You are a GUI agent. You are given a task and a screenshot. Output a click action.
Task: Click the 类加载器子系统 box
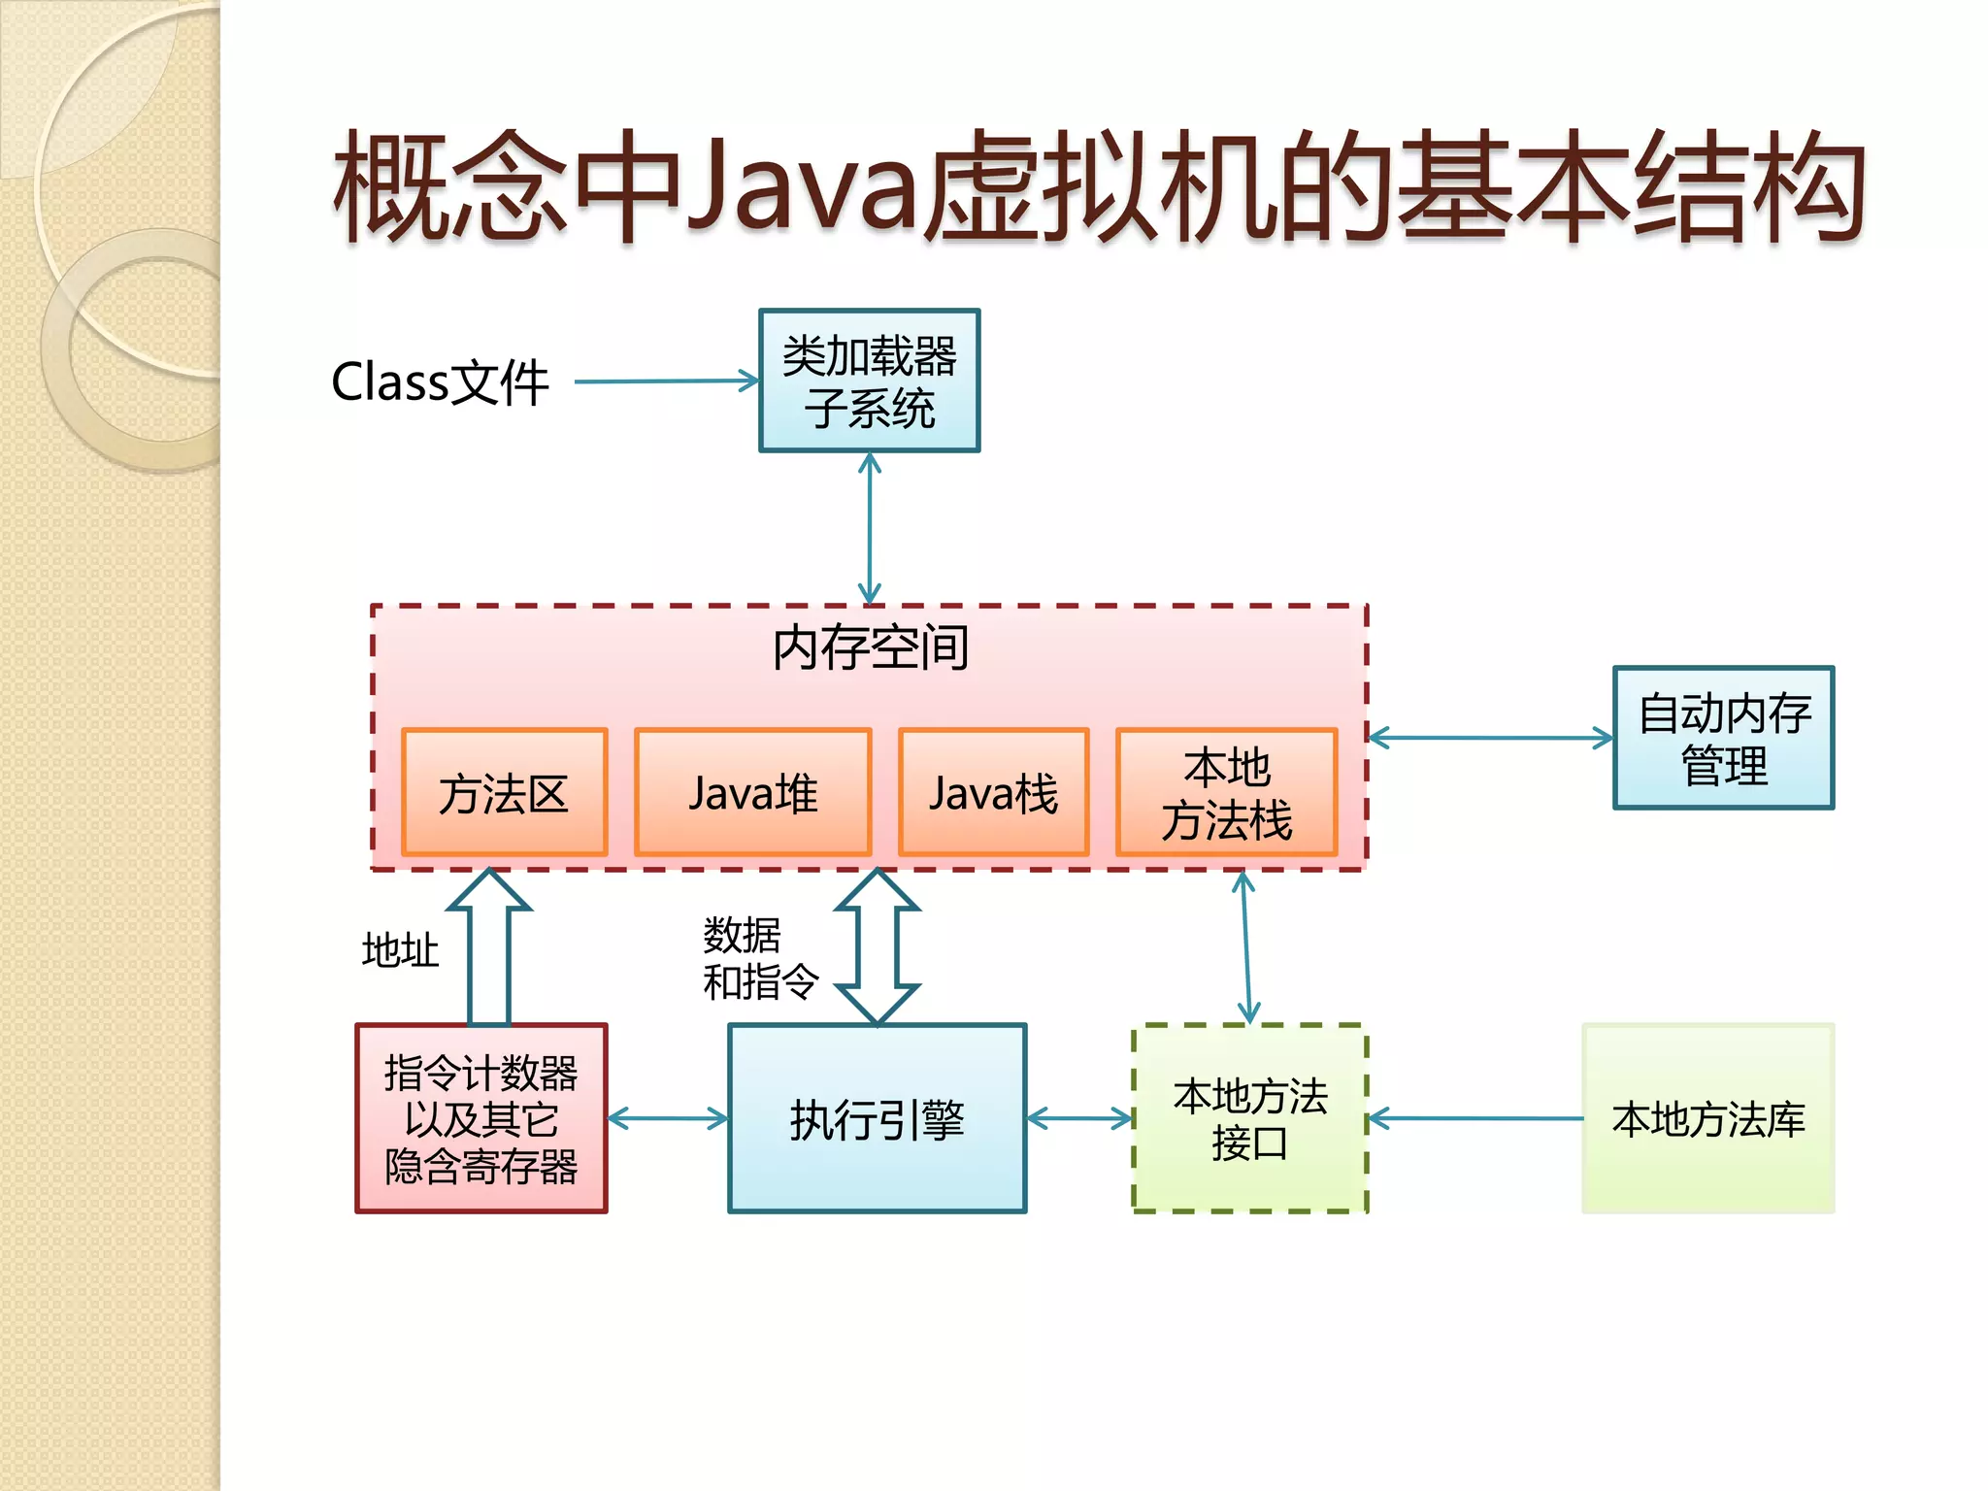(869, 381)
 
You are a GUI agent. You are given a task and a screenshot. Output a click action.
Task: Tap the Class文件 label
(440, 381)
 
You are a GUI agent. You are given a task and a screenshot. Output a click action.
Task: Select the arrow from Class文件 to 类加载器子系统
(666, 381)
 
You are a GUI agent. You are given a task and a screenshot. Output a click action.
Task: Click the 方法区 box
(504, 792)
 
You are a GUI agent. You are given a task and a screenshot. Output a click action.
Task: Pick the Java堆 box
(752, 792)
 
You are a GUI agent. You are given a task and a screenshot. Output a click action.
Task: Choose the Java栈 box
(993, 792)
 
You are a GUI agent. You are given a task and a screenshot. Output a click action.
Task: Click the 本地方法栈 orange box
(1226, 792)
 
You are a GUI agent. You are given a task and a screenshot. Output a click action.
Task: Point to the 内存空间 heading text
(870, 647)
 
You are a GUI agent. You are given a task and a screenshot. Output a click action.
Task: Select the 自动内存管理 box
(1723, 738)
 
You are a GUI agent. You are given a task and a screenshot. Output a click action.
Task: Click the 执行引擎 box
(877, 1118)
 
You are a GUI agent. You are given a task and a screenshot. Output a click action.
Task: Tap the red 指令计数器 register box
(480, 1118)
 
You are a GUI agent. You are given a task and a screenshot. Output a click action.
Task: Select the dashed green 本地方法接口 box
(1249, 1118)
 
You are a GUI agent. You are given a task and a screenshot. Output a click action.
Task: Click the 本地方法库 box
(1707, 1118)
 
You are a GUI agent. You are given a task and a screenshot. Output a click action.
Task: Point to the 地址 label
(400, 949)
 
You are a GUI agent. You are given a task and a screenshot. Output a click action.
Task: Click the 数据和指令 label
(759, 958)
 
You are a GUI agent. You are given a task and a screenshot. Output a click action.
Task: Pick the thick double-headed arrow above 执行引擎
(878, 947)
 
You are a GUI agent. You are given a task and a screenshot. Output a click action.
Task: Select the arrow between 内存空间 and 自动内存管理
(1490, 738)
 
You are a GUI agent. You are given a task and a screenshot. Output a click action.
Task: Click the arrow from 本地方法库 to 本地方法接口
(1475, 1119)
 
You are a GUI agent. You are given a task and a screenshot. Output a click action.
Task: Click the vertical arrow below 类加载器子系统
(870, 528)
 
